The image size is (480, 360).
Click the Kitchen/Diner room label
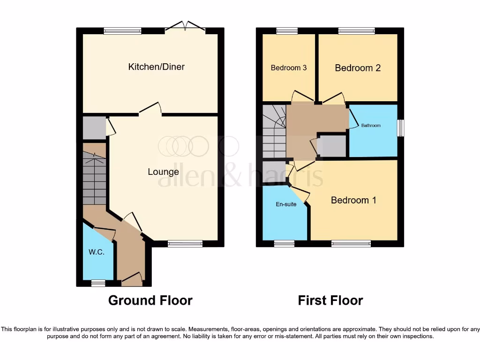(x=157, y=67)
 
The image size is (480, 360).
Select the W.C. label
(x=96, y=252)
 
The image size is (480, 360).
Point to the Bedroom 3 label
(x=289, y=67)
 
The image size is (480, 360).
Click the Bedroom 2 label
(x=358, y=68)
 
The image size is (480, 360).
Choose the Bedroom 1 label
(x=353, y=200)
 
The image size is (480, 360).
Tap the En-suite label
(x=285, y=204)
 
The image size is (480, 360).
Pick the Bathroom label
(x=371, y=126)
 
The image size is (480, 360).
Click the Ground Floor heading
(x=150, y=300)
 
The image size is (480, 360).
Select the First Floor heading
(x=330, y=300)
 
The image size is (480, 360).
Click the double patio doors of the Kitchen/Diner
(x=185, y=27)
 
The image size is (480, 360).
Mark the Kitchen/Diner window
(x=122, y=31)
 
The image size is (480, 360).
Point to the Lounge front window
(x=185, y=243)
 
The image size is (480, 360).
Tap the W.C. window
(x=98, y=283)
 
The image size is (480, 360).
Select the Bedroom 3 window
(x=287, y=31)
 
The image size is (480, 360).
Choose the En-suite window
(x=284, y=243)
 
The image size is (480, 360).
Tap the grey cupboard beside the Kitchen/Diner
(x=94, y=127)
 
